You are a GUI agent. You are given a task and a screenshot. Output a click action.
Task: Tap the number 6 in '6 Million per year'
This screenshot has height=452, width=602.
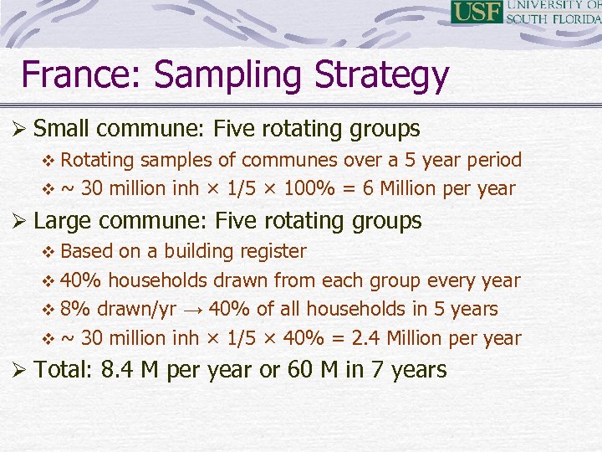coord(365,189)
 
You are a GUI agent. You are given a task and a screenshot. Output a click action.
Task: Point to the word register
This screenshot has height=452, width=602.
coord(273,251)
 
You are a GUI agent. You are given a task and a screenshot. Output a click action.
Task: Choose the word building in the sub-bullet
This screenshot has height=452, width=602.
coord(198,251)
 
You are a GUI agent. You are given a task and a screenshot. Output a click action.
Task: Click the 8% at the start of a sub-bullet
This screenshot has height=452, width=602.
coord(76,310)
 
